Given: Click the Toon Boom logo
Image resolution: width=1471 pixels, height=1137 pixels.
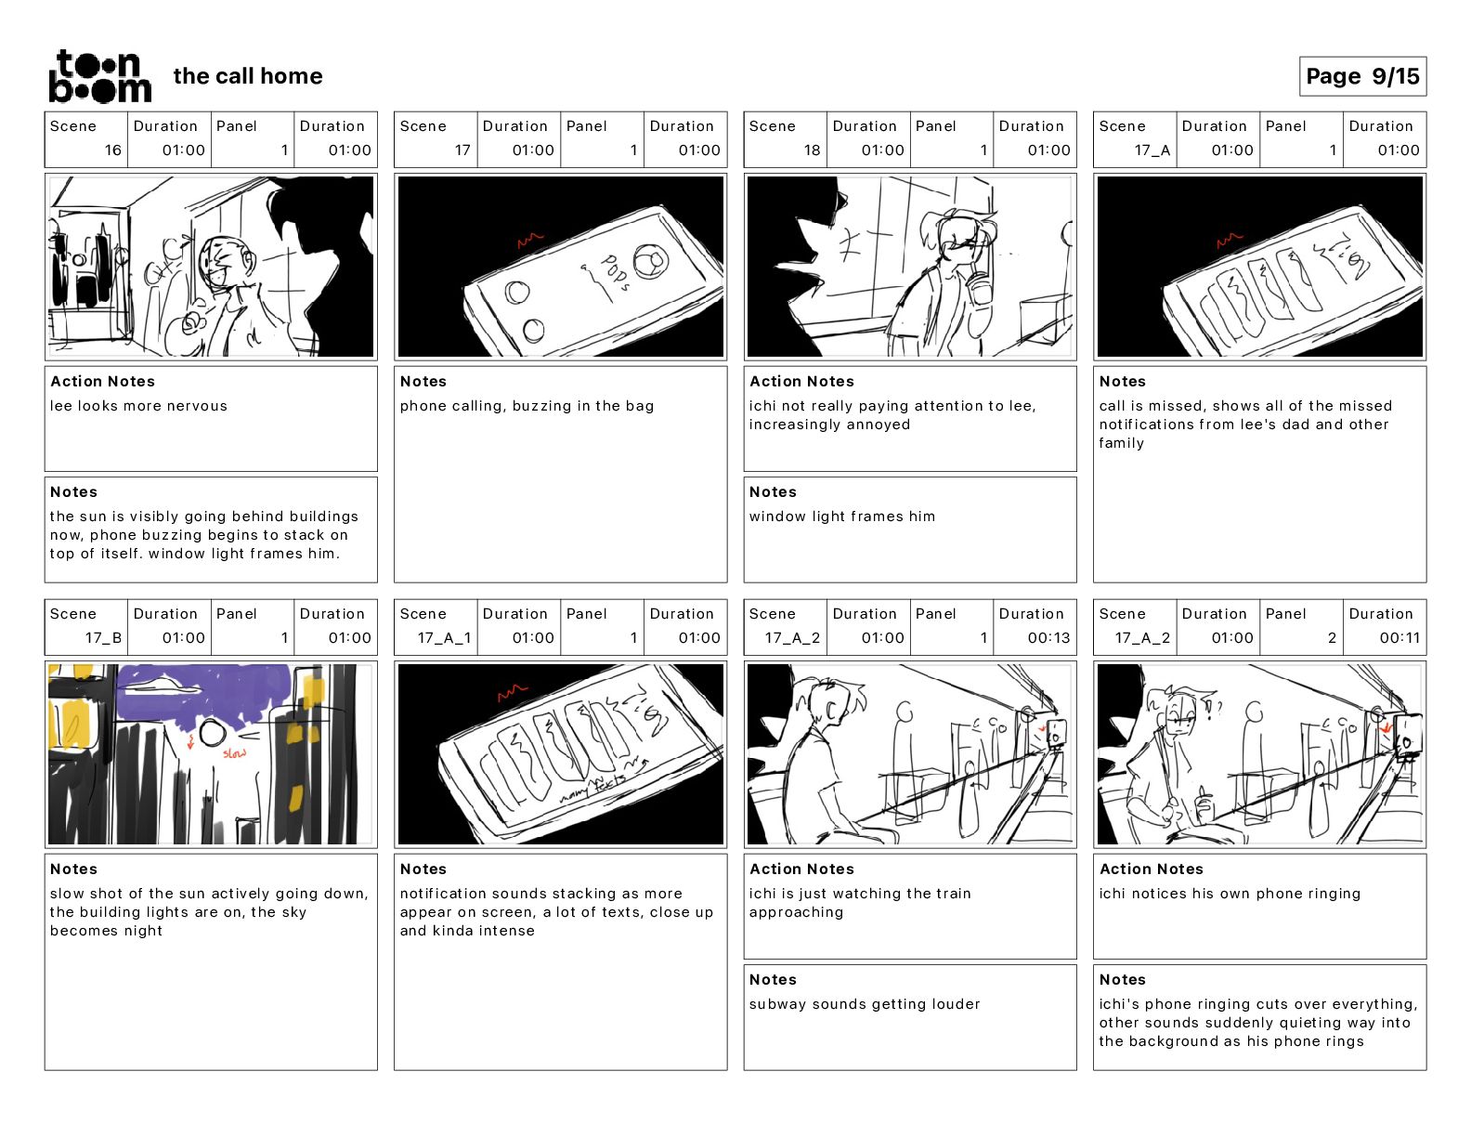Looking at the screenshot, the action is (99, 76).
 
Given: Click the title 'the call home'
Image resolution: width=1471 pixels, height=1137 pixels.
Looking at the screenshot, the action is (248, 76).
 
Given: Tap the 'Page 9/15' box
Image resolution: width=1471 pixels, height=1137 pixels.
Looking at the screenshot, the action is (1362, 76).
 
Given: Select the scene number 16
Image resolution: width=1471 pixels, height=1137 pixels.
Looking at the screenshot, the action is (112, 150).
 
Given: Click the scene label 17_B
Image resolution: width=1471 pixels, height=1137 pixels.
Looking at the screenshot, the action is (103, 637).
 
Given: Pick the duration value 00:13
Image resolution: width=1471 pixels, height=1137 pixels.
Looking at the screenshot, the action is (1048, 637).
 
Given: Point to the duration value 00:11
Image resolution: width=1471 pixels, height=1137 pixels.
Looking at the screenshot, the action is (1399, 637).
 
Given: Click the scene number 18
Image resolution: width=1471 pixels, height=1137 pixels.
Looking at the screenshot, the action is (812, 150).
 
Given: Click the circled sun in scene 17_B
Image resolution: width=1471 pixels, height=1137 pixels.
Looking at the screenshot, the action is (213, 736).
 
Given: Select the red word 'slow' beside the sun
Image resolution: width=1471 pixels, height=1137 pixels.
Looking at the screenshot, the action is (234, 753).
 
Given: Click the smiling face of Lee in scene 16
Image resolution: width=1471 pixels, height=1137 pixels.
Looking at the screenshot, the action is (222, 264).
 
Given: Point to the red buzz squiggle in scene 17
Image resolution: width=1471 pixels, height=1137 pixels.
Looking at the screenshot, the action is (530, 242).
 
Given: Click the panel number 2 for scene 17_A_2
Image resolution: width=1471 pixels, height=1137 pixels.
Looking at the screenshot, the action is (1332, 637).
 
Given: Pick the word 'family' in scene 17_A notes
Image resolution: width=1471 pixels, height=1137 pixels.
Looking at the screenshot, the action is (1121, 443).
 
